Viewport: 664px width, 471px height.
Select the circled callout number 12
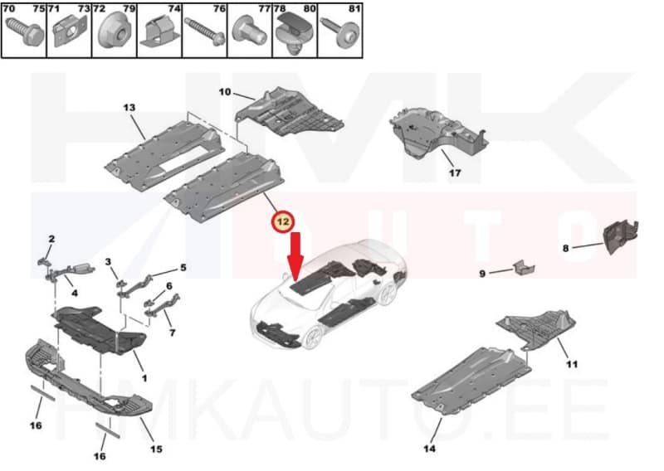(284, 221)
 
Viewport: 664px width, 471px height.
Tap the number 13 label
(129, 109)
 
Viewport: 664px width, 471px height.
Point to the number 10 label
(224, 92)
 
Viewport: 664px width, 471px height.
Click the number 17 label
(454, 173)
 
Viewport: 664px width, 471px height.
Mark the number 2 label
(51, 240)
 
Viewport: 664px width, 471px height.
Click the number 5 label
(183, 268)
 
